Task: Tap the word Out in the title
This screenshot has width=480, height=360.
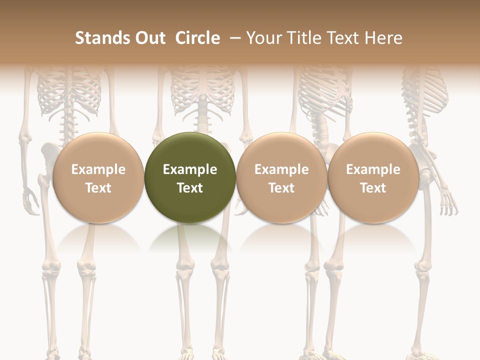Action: pyautogui.click(x=149, y=38)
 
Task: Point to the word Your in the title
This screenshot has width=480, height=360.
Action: pyautogui.click(x=263, y=38)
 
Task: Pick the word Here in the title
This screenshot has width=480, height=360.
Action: pyautogui.click(x=383, y=38)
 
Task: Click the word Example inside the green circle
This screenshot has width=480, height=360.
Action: pyautogui.click(x=190, y=169)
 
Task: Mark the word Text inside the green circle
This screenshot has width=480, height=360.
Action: pyautogui.click(x=190, y=188)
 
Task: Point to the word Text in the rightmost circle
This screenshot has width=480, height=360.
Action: pyautogui.click(x=373, y=188)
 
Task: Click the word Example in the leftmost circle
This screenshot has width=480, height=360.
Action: pyautogui.click(x=98, y=169)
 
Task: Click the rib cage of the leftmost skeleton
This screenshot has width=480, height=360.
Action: pyautogui.click(x=69, y=92)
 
